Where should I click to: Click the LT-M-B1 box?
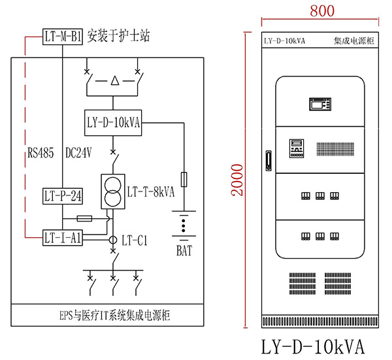click(x=63, y=37)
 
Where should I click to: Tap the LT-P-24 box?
click(x=63, y=195)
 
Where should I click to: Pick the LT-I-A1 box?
click(x=63, y=238)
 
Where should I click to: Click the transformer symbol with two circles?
click(x=113, y=191)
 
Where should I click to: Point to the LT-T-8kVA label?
click(x=152, y=192)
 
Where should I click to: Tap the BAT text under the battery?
click(x=184, y=250)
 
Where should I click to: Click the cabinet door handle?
click(x=268, y=161)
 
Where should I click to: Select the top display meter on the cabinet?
click(x=320, y=104)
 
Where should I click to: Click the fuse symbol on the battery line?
click(x=185, y=178)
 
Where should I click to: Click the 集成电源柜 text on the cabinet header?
click(x=353, y=41)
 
